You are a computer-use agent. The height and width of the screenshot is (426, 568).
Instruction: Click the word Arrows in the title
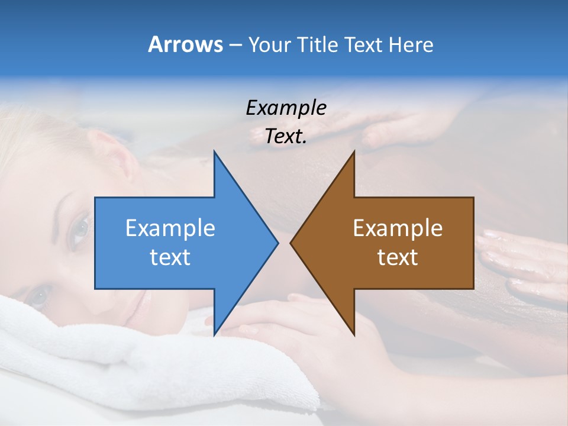tap(185, 44)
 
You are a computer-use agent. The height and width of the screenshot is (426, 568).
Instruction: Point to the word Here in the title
tap(411, 45)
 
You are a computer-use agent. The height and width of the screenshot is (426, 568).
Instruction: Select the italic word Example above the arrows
tap(286, 108)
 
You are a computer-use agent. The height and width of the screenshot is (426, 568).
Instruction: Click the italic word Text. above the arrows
tap(286, 137)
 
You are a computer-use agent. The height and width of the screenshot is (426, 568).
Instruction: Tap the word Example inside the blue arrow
tap(170, 228)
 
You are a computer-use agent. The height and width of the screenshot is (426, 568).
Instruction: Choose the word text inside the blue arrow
tap(170, 257)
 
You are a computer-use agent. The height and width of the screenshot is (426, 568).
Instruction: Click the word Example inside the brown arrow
tap(398, 228)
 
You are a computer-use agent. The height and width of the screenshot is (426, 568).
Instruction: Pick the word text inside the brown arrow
tap(398, 257)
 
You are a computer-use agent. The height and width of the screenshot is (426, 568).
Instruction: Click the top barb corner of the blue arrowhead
tap(214, 152)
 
